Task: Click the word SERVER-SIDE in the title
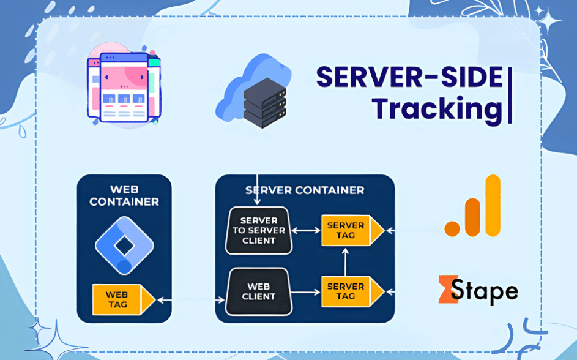point(409,78)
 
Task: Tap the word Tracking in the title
point(436,108)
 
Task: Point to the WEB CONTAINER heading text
point(124,195)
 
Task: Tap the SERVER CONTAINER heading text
point(305,190)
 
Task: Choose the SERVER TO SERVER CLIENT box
point(258,231)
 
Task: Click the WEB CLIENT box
point(258,291)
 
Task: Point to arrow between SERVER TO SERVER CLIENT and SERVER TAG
point(306,231)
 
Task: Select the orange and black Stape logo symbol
point(450,289)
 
